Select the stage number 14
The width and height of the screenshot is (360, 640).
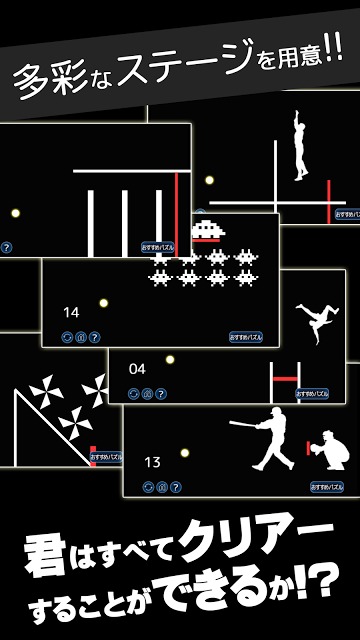pos(70,313)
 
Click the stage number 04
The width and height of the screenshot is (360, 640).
pos(137,368)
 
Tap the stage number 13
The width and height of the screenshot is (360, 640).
pos(152,462)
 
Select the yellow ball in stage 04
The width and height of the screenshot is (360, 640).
pos(170,359)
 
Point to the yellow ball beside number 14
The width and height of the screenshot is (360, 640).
pos(103,301)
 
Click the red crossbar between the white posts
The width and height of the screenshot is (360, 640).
pos(284,377)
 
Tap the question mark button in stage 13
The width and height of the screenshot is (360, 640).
pos(176,488)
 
